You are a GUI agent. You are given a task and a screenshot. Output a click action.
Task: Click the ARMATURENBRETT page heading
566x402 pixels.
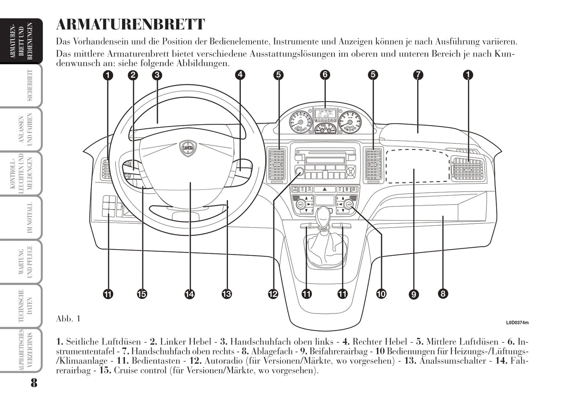(x=130, y=24)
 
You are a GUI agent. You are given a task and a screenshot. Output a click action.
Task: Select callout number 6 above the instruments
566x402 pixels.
(x=325, y=74)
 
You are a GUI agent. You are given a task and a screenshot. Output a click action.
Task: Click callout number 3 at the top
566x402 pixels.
(x=157, y=74)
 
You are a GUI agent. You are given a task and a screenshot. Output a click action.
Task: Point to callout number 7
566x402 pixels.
(x=418, y=74)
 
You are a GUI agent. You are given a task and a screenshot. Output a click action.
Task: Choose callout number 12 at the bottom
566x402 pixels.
(x=273, y=293)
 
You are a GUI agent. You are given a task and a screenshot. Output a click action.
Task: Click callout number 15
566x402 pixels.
(x=142, y=293)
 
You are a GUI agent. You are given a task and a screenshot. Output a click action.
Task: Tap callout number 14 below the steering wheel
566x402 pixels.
(x=190, y=293)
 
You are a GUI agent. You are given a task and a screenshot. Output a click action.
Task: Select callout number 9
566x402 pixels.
(x=413, y=294)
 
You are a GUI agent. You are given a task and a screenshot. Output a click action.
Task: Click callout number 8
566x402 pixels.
(x=443, y=293)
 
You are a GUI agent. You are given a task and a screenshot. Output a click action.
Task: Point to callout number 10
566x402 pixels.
(x=381, y=293)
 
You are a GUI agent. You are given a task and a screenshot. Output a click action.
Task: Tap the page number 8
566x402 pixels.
(x=34, y=382)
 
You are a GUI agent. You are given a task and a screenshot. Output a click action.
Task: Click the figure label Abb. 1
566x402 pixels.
(x=68, y=319)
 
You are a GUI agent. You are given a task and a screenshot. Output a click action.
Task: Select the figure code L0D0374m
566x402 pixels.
(x=517, y=323)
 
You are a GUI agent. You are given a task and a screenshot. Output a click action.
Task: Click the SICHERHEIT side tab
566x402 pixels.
(x=30, y=85)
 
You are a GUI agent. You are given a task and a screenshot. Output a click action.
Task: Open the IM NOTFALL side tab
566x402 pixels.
(x=30, y=217)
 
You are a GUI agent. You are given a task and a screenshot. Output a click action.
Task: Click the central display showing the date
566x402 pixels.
(x=325, y=114)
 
